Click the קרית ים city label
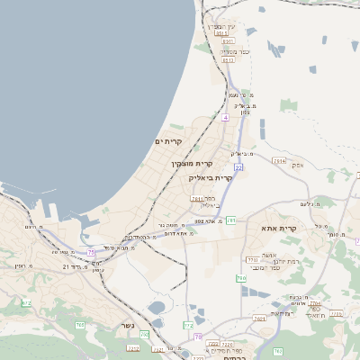pos(168,141)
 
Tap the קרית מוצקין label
pos(192,163)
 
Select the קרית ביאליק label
pos(210,177)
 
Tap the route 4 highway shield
pos(225,117)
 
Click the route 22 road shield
pos(238,167)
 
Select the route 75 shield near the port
pos(91,253)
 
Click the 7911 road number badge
pos(196,199)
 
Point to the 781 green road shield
pos(231,220)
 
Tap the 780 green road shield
pos(241,278)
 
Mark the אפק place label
pos(298,165)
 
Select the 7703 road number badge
pos(252,259)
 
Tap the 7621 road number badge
pos(259,318)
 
